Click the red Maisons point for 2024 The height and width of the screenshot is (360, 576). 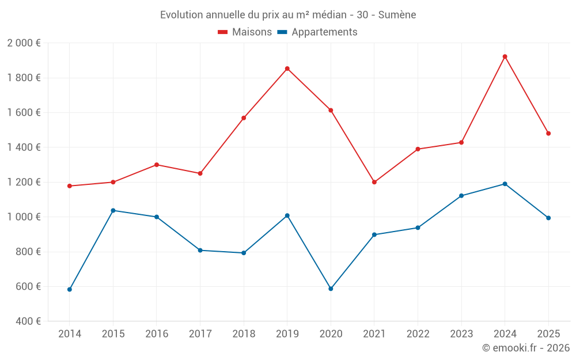pyautogui.click(x=505, y=56)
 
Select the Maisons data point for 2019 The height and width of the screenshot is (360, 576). pyautogui.click(x=287, y=69)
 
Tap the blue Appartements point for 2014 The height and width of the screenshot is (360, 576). pyautogui.click(x=70, y=289)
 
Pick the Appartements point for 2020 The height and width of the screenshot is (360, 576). pyautogui.click(x=331, y=289)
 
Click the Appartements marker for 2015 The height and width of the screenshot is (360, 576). pyautogui.click(x=113, y=210)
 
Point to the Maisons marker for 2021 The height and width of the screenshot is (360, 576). pyautogui.click(x=374, y=182)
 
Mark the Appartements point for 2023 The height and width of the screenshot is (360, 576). pyautogui.click(x=461, y=196)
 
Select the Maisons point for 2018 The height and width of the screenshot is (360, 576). pyautogui.click(x=244, y=118)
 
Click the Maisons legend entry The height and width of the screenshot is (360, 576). pyautogui.click(x=245, y=32)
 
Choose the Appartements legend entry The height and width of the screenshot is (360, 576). pyautogui.click(x=317, y=32)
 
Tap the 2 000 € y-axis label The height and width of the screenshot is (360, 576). pyautogui.click(x=24, y=43)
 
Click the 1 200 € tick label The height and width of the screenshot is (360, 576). pyautogui.click(x=24, y=182)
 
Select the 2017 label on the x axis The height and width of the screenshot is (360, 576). pyautogui.click(x=200, y=334)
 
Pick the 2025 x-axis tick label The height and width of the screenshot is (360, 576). pyautogui.click(x=548, y=334)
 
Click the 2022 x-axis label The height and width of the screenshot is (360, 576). pyautogui.click(x=418, y=334)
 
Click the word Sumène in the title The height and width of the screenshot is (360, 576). pyautogui.click(x=397, y=15)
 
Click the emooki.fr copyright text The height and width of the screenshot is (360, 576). pyautogui.click(x=525, y=348)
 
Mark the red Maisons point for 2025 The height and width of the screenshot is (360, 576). pyautogui.click(x=548, y=134)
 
